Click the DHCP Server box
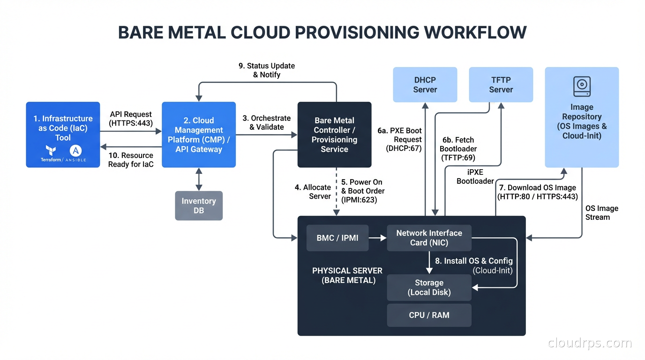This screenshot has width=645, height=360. coord(425,84)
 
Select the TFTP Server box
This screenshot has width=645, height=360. coord(501,84)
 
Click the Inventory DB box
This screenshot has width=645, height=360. coord(199,205)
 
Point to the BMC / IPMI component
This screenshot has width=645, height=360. coord(337,238)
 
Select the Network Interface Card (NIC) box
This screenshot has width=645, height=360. coord(429,238)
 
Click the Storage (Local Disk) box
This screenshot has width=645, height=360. coord(429,287)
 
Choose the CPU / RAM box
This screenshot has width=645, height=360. coord(429,315)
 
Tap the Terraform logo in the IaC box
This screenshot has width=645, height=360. coord(51,151)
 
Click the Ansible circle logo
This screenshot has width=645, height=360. coord(75,150)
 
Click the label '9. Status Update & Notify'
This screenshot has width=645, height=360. coord(267,70)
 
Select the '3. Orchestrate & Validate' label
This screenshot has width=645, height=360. coord(267,122)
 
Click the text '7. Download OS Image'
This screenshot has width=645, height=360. coord(537,187)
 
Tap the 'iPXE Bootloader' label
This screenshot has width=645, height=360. coord(475,177)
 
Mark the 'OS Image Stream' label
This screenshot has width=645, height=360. coord(601,212)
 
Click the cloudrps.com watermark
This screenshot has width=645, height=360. coord(589,343)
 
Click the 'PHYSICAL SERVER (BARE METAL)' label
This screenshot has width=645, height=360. coord(347,275)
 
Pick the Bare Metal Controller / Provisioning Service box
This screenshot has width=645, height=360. coord(334,135)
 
